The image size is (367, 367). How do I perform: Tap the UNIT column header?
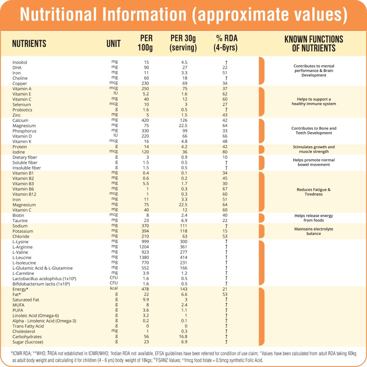[x=114, y=44]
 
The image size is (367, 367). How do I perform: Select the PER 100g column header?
[x=145, y=43]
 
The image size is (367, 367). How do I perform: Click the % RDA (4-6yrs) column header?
[x=226, y=43]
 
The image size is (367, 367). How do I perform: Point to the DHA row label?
[x=17, y=68]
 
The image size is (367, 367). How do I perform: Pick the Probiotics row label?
[x=22, y=110]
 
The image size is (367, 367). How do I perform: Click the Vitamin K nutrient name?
[x=22, y=141]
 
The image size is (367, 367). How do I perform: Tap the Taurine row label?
[x=20, y=220]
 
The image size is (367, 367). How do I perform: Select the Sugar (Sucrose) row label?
[x=28, y=342]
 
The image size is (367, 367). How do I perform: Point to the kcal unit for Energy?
[x=114, y=288]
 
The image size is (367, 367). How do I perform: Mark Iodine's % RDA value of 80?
[x=225, y=152]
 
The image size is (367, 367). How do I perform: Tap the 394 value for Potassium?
[x=145, y=231]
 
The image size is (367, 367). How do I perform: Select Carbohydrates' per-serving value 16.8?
[x=183, y=337]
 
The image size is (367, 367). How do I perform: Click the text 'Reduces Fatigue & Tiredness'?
[x=314, y=192]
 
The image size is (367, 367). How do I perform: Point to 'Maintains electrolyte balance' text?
[x=314, y=231]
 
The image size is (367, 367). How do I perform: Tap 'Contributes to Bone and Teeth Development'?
[x=314, y=130]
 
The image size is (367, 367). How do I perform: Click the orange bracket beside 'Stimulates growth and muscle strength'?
[x=261, y=149]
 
